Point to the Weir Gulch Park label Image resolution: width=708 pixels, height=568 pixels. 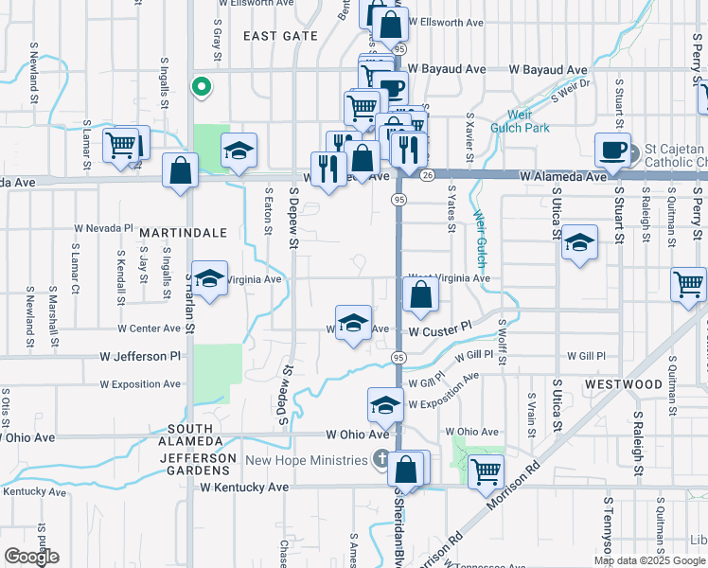point(520,120)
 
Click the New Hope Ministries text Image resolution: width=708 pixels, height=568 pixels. point(306,461)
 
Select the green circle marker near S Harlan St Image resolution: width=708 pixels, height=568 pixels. point(201,87)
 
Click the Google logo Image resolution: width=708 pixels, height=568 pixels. point(31,557)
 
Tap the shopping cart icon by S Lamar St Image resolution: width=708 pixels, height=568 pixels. point(120,145)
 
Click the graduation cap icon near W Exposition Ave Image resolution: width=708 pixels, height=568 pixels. point(385,404)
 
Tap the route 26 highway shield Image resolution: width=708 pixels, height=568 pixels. point(428,175)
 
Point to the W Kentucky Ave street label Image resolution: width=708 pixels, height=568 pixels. point(244,487)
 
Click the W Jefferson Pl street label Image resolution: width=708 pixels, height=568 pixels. point(140,357)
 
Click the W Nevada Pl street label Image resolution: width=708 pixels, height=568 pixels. point(104,228)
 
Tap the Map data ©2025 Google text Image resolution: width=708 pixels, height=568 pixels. point(650,560)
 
